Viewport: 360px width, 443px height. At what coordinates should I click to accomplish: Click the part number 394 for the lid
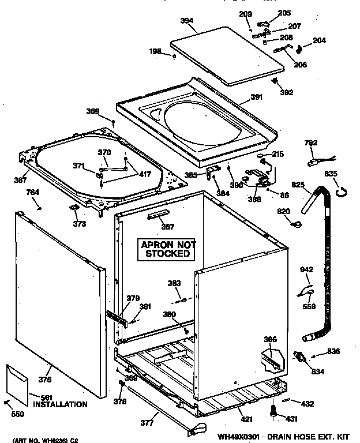point(186,20)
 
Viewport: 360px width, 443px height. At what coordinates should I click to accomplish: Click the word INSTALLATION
point(60,404)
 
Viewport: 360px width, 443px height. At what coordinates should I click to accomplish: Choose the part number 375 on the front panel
point(44,379)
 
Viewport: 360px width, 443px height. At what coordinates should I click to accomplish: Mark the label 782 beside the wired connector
point(310,142)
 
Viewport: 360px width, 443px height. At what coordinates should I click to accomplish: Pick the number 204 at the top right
point(319,40)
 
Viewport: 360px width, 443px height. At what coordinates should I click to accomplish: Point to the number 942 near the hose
point(306,269)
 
